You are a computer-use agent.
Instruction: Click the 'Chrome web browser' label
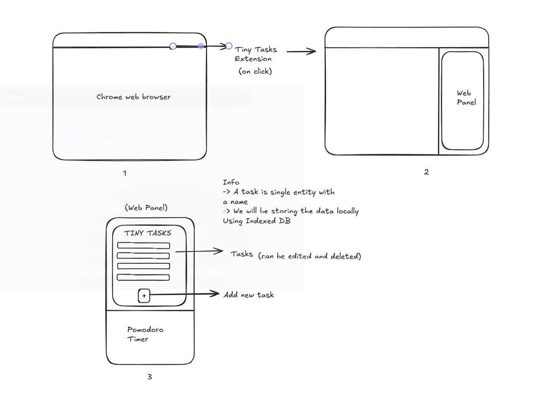tap(133, 97)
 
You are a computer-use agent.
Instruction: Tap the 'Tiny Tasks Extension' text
tap(256, 54)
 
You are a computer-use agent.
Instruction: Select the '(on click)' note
tap(255, 71)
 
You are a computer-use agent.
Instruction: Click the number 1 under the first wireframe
tap(124, 172)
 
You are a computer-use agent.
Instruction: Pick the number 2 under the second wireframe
tap(426, 172)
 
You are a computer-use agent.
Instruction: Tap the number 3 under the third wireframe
tap(150, 377)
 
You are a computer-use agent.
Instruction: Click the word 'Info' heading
tap(231, 182)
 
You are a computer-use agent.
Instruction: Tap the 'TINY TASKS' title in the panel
tap(148, 233)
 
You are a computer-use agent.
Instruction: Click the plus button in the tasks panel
tap(144, 295)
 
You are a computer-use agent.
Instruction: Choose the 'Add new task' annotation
tap(249, 294)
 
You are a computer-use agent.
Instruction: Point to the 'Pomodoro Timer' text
tap(145, 334)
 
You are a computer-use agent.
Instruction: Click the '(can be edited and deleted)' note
tap(309, 256)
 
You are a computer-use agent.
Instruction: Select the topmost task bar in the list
tap(144, 246)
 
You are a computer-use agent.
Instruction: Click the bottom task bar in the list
tap(144, 277)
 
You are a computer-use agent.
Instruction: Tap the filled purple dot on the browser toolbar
tap(201, 46)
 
